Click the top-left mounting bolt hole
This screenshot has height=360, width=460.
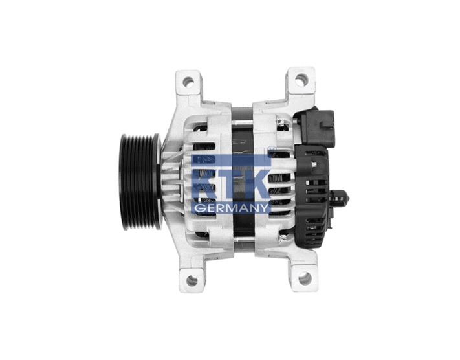(x=188, y=82)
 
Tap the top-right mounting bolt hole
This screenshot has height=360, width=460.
(x=301, y=80)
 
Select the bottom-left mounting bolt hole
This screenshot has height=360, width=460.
(x=192, y=280)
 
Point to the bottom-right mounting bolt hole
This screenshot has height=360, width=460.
(x=304, y=278)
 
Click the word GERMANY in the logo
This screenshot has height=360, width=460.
(x=231, y=208)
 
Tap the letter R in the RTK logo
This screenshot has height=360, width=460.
(x=205, y=183)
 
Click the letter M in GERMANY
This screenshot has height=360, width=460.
(x=231, y=208)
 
